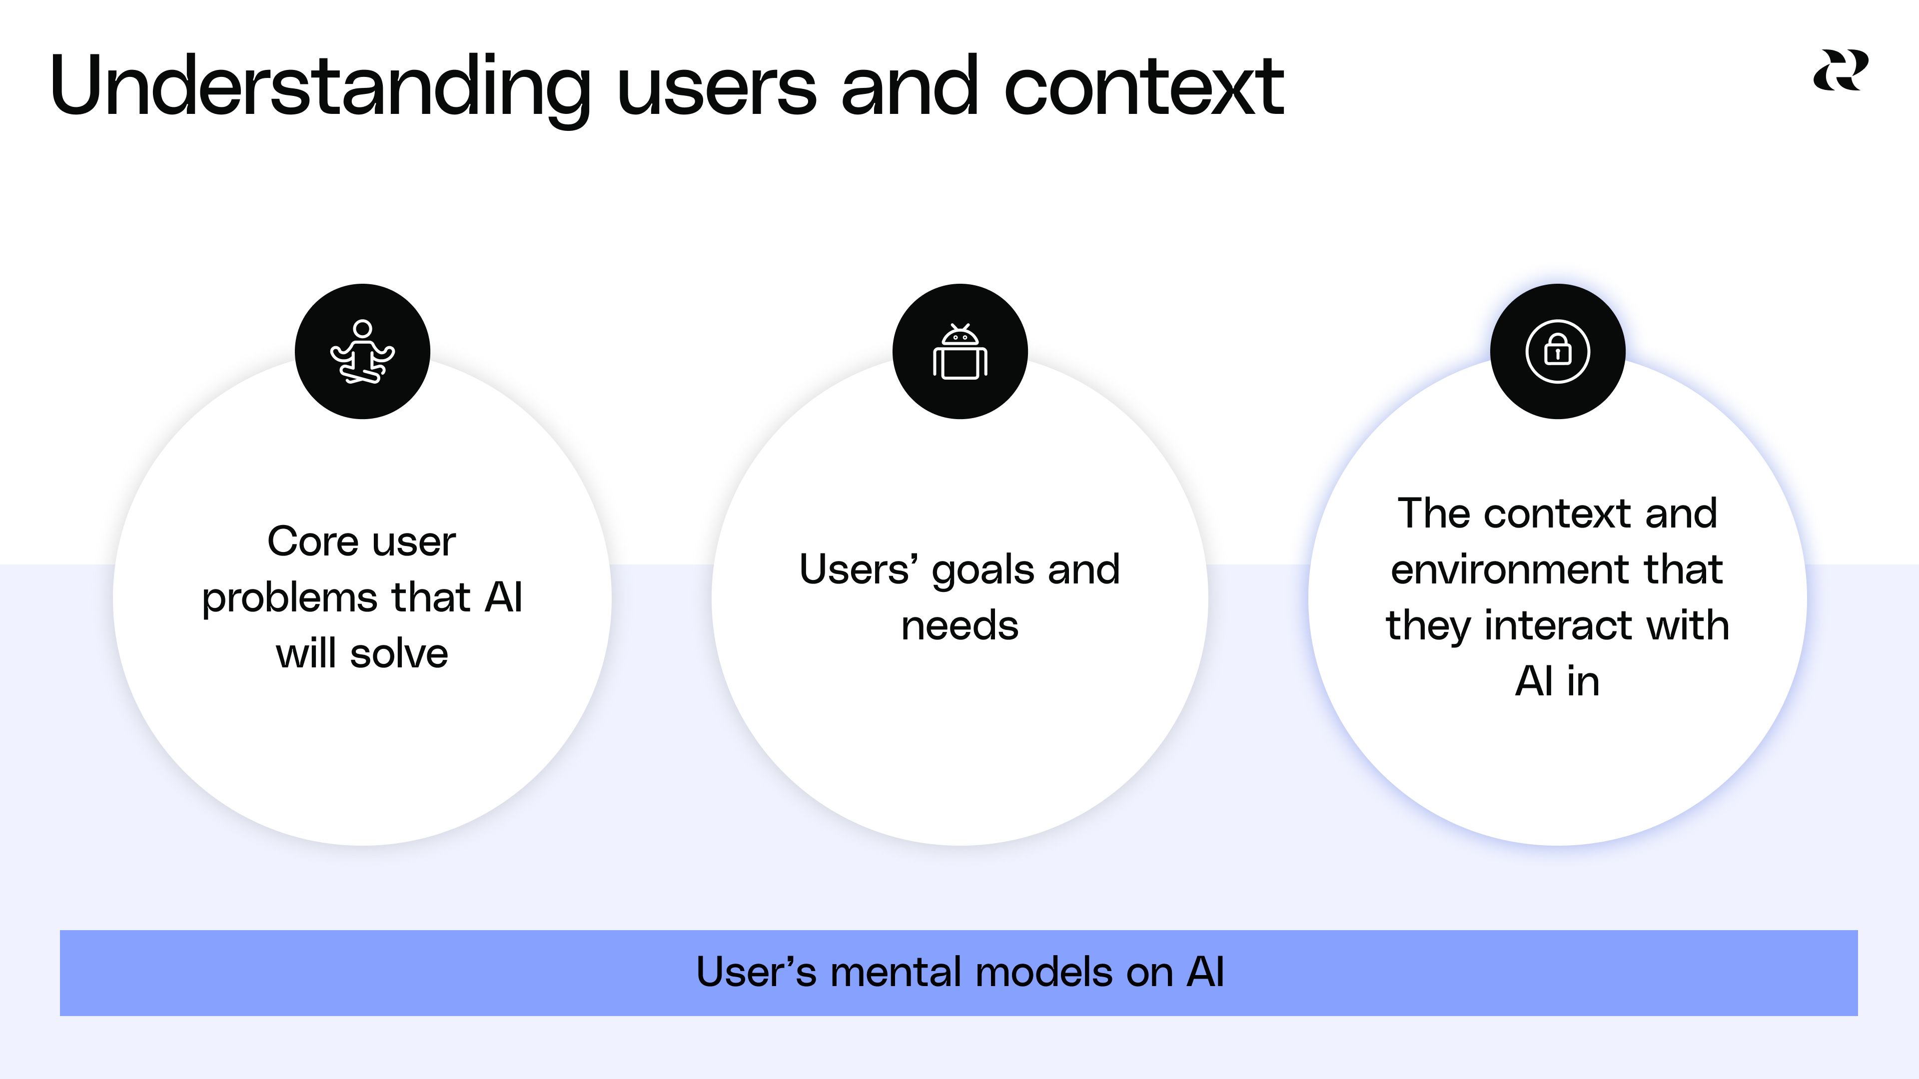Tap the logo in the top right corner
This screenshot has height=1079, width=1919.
[x=1840, y=71]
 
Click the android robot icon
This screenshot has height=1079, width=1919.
[x=959, y=352]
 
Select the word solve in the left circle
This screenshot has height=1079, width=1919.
[x=399, y=654]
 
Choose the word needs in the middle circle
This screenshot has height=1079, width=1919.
[x=959, y=625]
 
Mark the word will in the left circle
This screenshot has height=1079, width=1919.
[x=305, y=654]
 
